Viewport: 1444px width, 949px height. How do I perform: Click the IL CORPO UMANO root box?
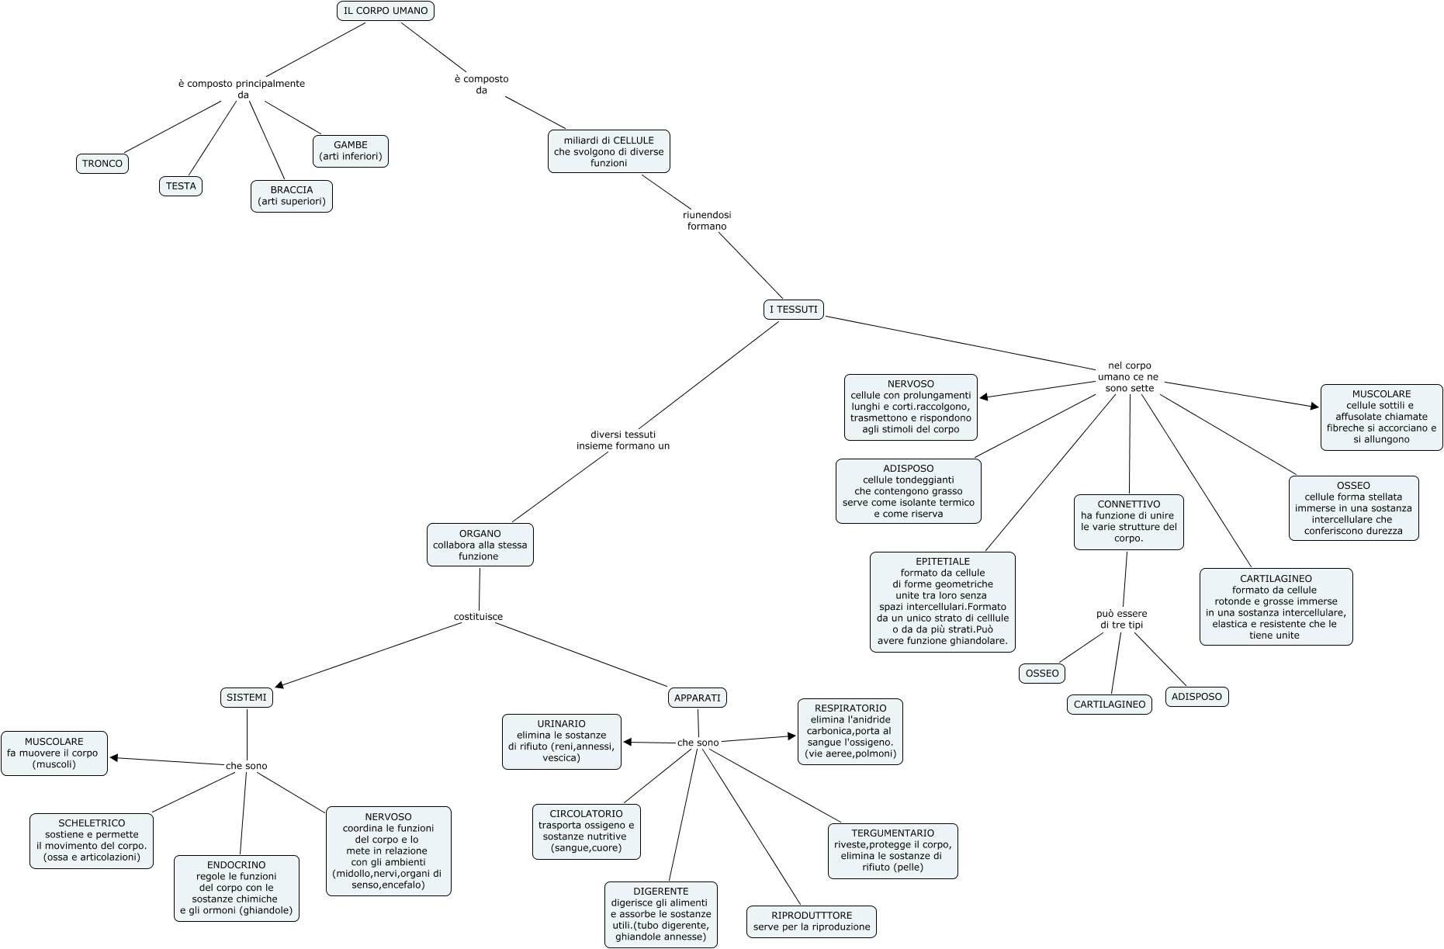click(385, 11)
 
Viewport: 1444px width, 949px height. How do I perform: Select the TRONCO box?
click(102, 164)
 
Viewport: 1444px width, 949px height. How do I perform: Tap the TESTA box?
click(181, 186)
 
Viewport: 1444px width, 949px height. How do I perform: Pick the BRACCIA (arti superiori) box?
click(292, 196)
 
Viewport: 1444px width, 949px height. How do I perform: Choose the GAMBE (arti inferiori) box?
click(351, 151)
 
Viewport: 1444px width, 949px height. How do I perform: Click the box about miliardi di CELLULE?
click(609, 151)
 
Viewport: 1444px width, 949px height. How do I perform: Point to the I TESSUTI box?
click(793, 310)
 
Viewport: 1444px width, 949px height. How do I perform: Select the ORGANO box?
click(480, 545)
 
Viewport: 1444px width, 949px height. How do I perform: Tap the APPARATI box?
click(698, 698)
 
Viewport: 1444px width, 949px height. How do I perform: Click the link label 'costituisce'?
click(478, 617)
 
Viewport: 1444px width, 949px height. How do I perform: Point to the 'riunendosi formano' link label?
click(707, 220)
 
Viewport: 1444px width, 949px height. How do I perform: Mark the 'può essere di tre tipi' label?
click(1121, 619)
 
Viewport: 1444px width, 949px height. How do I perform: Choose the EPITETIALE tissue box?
click(943, 601)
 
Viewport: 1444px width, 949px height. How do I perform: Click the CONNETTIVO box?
click(1129, 521)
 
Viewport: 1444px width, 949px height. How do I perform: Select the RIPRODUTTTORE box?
click(812, 922)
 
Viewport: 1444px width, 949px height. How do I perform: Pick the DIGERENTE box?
click(661, 914)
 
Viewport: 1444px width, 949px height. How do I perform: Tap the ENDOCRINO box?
click(237, 888)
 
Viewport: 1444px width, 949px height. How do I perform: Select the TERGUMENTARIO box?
click(892, 850)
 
